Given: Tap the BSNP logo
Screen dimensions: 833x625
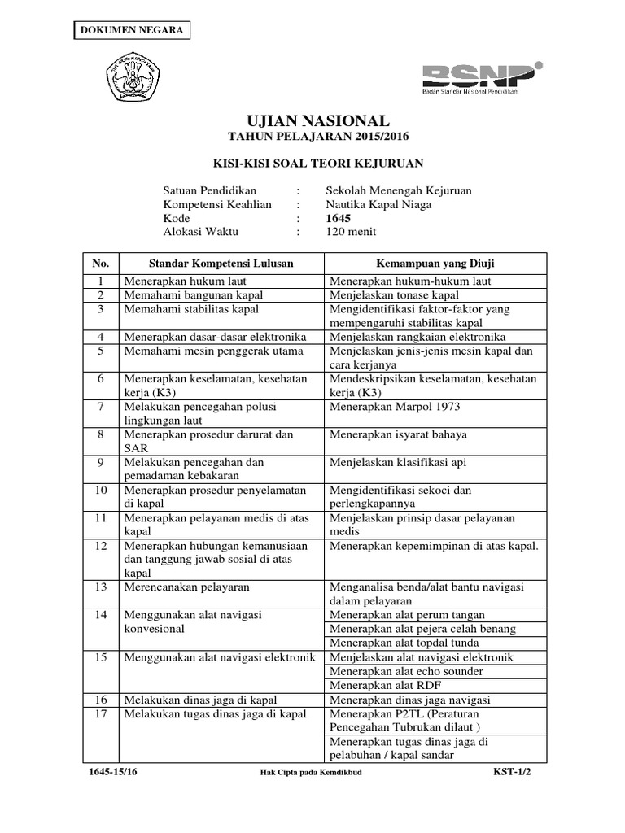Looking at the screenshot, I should tap(479, 78).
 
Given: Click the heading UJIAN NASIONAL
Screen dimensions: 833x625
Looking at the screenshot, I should tap(312, 120).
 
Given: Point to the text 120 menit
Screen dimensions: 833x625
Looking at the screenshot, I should tap(351, 232).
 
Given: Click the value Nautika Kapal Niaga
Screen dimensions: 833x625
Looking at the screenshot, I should tap(378, 204).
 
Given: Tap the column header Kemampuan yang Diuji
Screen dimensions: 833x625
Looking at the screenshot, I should tap(435, 264).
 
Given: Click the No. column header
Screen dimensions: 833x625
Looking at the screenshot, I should tap(101, 264).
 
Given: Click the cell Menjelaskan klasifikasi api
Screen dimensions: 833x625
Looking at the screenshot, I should tap(396, 462).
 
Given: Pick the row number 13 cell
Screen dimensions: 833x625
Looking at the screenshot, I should tap(101, 587).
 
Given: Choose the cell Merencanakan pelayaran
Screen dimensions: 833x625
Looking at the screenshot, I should tap(186, 587).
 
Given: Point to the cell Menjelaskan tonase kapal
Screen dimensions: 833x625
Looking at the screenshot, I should tap(394, 294).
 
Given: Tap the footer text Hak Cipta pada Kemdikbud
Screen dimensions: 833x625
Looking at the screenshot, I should tap(304, 773).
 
